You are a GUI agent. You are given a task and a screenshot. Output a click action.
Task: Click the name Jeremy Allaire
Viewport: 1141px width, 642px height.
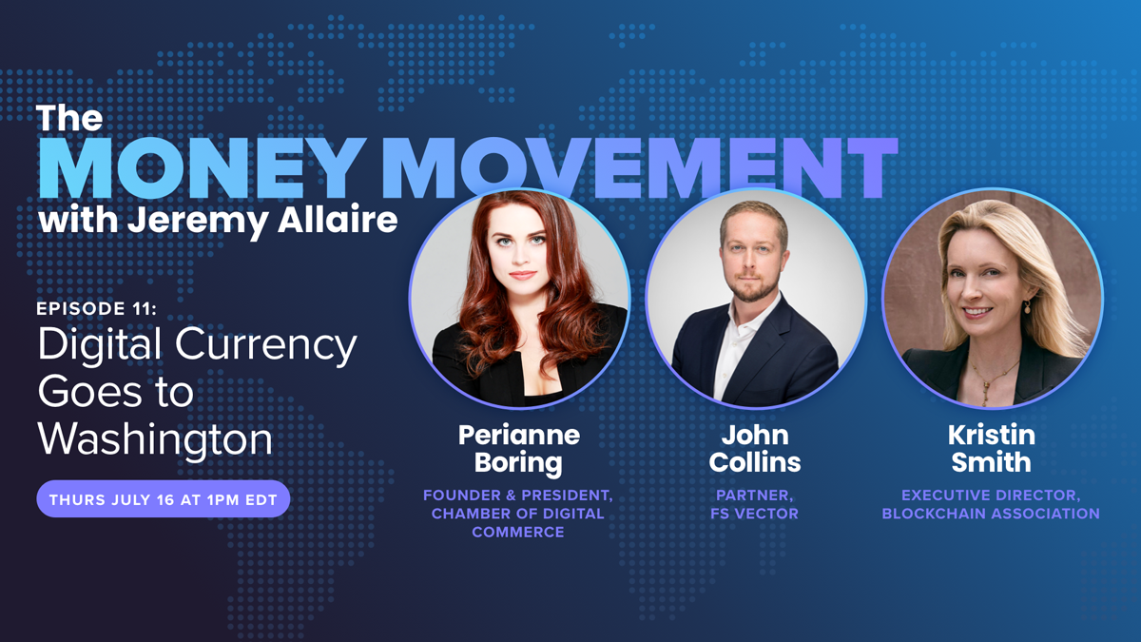[262, 221]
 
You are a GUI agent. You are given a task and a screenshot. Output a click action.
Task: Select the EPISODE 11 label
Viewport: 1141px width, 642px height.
[97, 308]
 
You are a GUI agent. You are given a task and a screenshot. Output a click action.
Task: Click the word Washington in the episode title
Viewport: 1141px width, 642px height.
[155, 439]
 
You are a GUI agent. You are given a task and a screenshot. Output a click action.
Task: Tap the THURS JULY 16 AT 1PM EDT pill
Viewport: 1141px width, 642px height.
[163, 498]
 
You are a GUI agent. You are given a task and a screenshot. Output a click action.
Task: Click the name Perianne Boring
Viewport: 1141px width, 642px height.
[518, 449]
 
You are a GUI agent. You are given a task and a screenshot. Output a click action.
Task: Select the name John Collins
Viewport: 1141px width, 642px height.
[755, 449]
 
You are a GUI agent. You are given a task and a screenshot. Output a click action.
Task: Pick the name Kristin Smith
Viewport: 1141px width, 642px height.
[991, 449]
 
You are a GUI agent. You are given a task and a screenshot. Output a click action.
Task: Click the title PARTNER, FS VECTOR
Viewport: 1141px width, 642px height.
[754, 504]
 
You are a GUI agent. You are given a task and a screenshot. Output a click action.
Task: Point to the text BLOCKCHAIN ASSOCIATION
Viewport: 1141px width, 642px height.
[991, 514]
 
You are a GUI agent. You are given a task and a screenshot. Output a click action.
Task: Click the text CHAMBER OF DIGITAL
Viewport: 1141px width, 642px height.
[518, 514]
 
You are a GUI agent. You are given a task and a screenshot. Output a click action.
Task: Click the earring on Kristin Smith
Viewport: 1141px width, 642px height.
[1028, 306]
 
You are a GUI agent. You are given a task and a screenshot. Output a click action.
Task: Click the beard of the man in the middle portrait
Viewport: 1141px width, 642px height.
[751, 289]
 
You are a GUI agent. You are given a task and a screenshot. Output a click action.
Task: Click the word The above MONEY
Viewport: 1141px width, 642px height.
[69, 118]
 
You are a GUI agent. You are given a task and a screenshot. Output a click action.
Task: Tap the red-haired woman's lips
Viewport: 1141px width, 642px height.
[523, 275]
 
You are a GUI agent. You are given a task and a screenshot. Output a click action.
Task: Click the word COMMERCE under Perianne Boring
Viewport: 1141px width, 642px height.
[518, 532]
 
